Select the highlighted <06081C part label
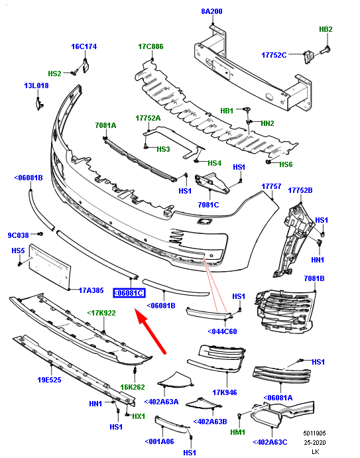click(129, 292)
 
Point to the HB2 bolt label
click(326, 30)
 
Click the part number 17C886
click(150, 47)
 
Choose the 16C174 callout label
click(84, 46)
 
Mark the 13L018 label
click(36, 86)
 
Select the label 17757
click(271, 187)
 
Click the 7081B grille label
click(314, 278)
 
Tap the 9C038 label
click(19, 235)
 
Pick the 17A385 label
click(91, 290)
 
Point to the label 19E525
click(49, 380)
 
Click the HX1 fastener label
click(138, 416)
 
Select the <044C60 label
click(222, 331)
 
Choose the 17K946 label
click(225, 392)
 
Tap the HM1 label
click(237, 431)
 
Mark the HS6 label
click(285, 164)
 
